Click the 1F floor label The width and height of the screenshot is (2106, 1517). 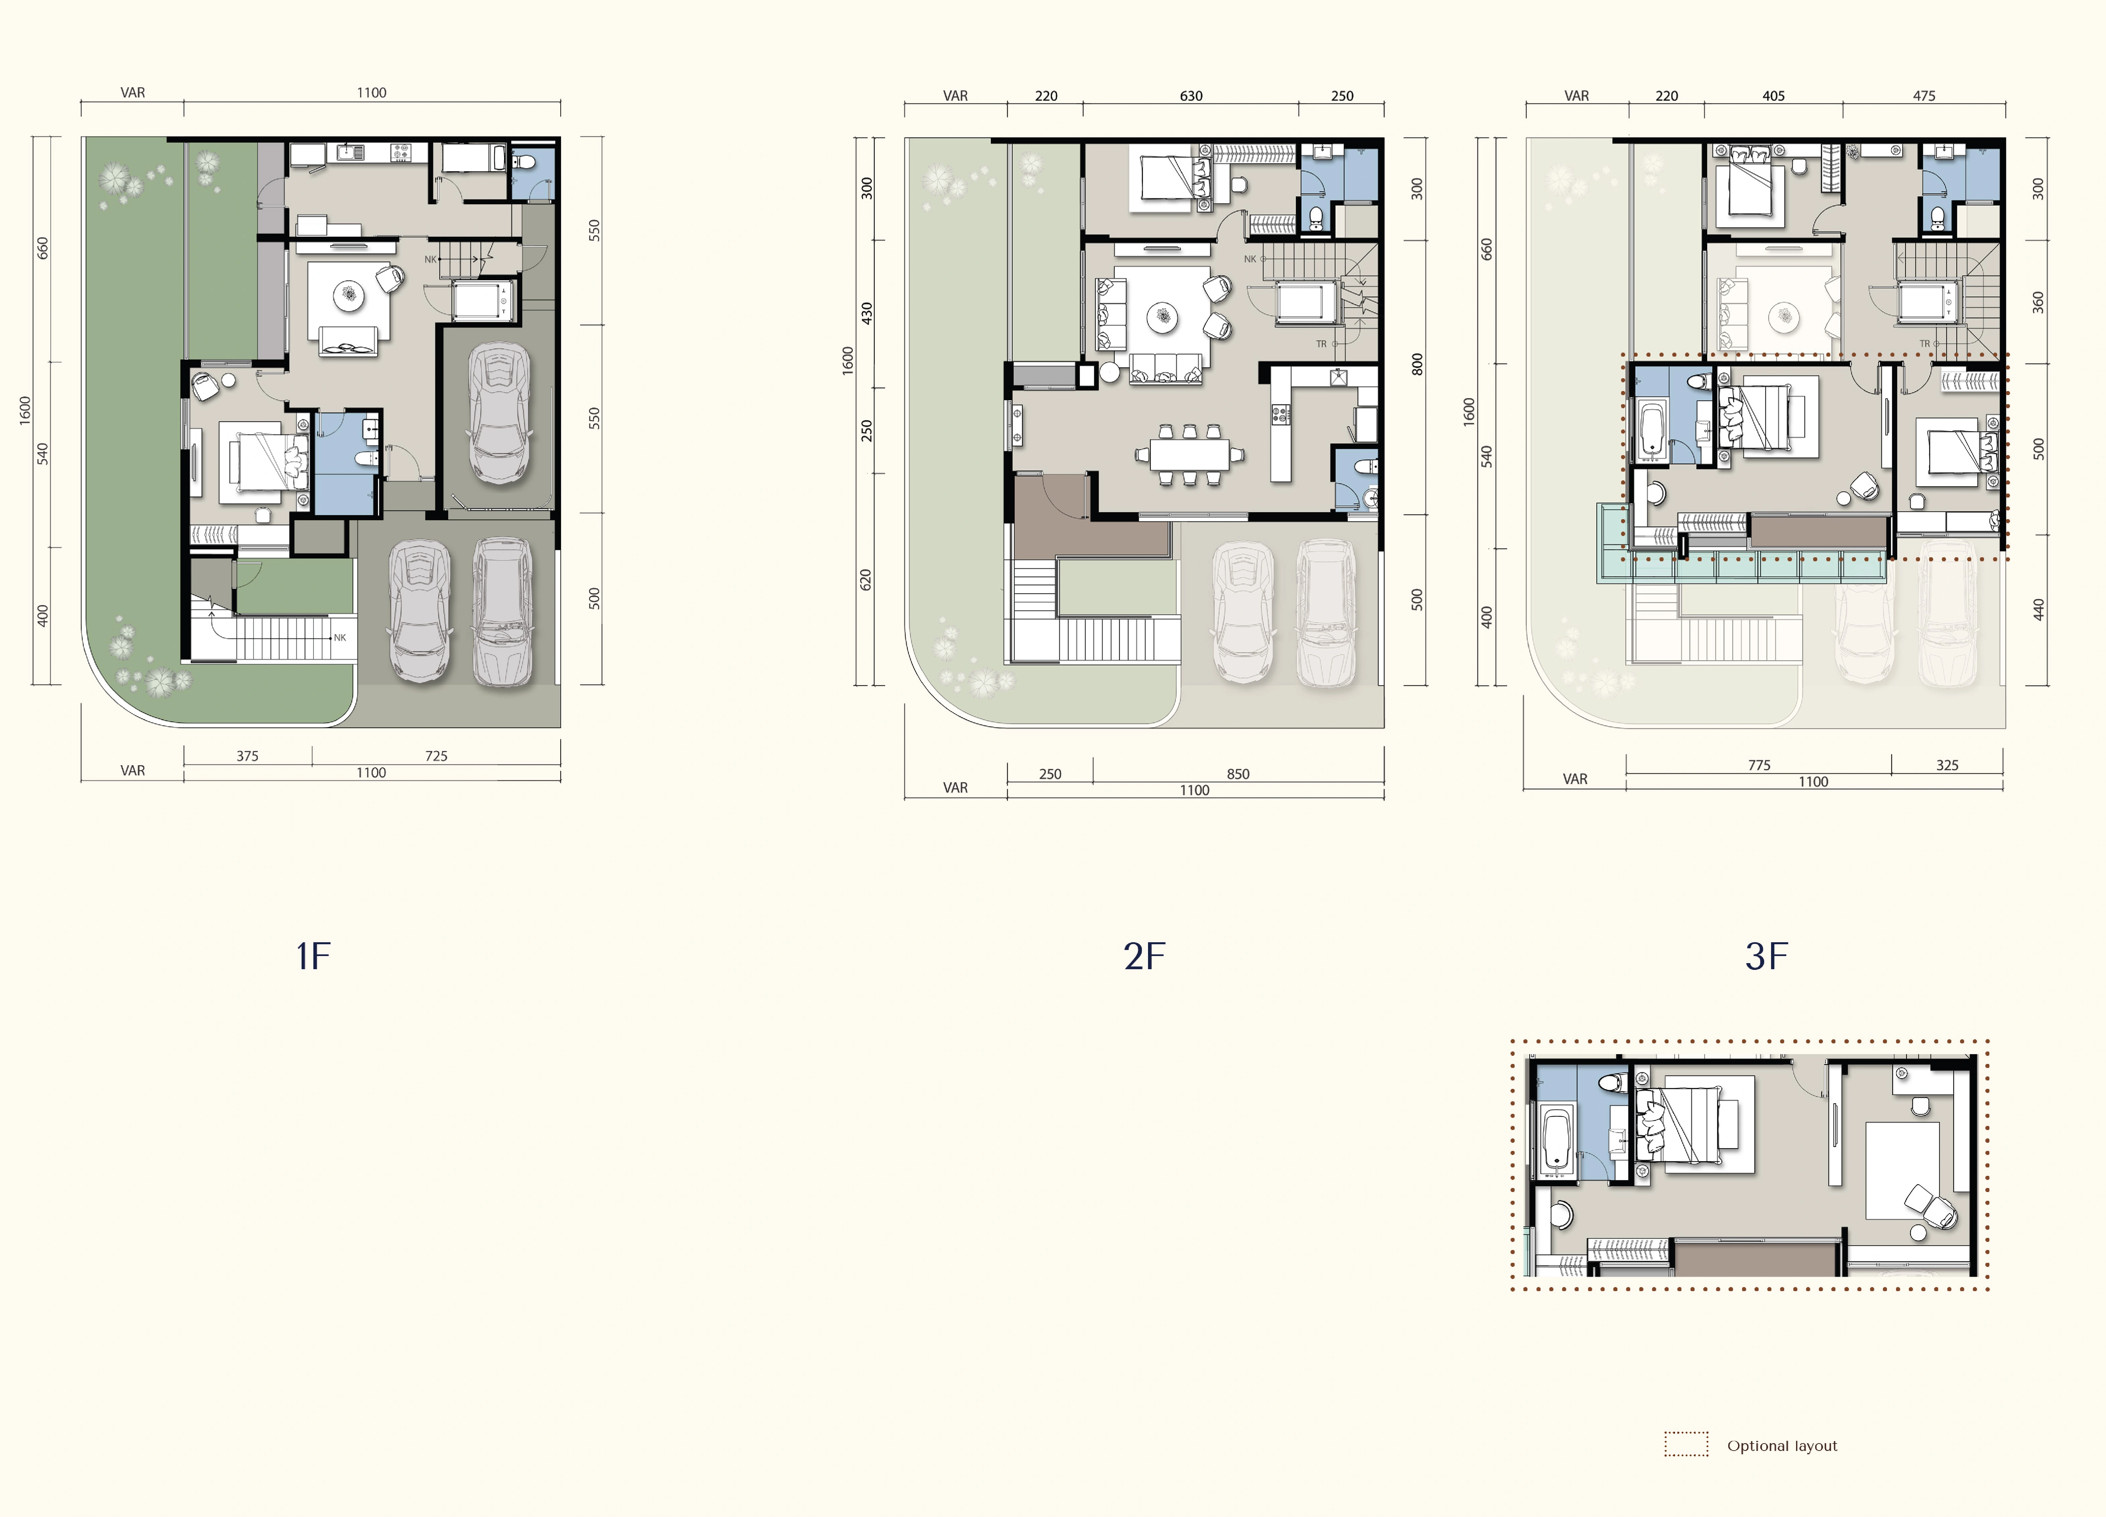[x=313, y=956]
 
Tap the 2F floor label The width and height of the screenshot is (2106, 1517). [x=1144, y=956]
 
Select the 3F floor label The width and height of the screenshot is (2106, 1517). [x=1766, y=956]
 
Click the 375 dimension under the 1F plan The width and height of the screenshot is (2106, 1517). [x=247, y=756]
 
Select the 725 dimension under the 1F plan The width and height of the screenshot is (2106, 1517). [x=436, y=756]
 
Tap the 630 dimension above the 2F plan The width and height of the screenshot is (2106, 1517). [x=1191, y=96]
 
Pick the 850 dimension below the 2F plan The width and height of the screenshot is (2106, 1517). [x=1238, y=774]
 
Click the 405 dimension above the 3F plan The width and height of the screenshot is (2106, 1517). [x=1773, y=96]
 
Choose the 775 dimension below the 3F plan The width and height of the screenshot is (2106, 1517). [x=1760, y=766]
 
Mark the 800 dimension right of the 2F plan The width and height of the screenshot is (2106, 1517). [x=1417, y=364]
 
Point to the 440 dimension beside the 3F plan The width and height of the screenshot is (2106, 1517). [x=2038, y=609]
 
